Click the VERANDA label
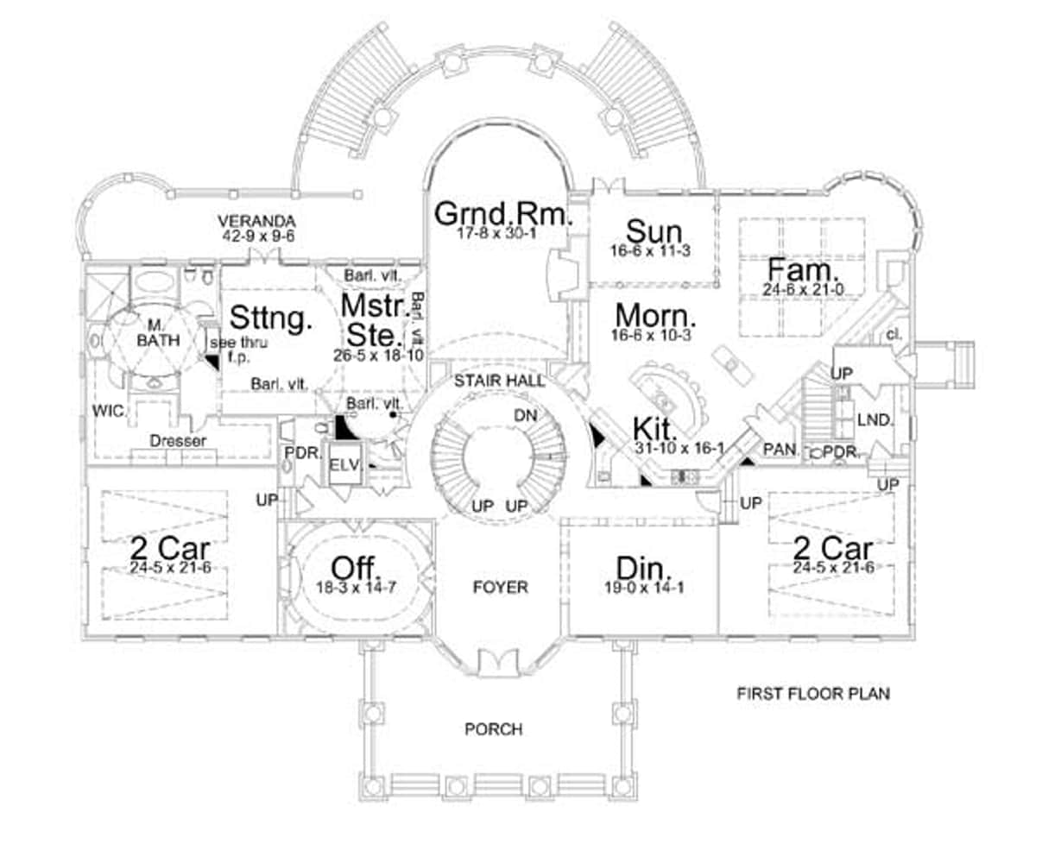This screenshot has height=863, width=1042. click(x=256, y=221)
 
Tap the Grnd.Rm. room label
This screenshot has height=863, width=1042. click(x=503, y=212)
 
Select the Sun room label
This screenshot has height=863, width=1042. click(x=654, y=231)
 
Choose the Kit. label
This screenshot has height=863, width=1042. click(x=655, y=428)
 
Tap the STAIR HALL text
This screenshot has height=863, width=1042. click(x=500, y=380)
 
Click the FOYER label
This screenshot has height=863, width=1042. click(x=500, y=587)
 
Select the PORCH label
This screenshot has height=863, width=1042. click(x=494, y=729)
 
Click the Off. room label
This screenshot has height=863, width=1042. click(x=357, y=568)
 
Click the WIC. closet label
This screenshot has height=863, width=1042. click(x=109, y=412)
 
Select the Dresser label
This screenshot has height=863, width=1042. click(x=178, y=440)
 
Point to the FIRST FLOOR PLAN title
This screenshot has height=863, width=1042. click(x=812, y=693)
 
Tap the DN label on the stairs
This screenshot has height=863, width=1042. click(x=526, y=415)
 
